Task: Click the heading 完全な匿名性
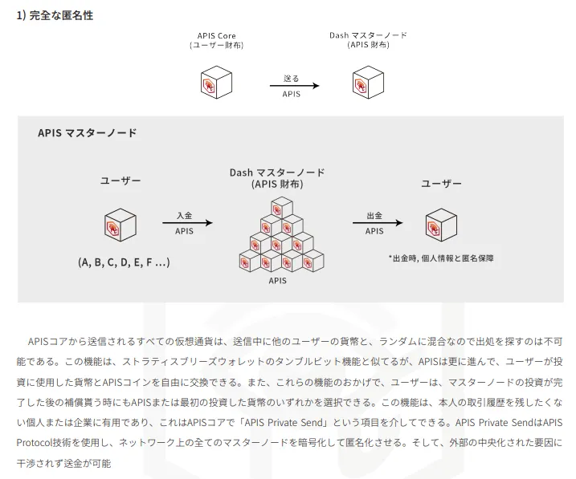pyautogui.click(x=61, y=15)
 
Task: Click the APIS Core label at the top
pyautogui.click(x=216, y=36)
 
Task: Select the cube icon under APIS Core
pyautogui.click(x=216, y=82)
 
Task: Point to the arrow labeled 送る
pyautogui.click(x=295, y=86)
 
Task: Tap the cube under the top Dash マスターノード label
pyautogui.click(x=368, y=82)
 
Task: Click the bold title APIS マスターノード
pyautogui.click(x=87, y=132)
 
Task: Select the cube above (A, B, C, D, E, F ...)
pyautogui.click(x=121, y=225)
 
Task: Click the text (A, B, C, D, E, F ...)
pyautogui.click(x=124, y=262)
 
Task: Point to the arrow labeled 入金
pyautogui.click(x=187, y=222)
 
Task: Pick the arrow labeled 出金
pyautogui.click(x=378, y=222)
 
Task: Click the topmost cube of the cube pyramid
pyautogui.click(x=282, y=208)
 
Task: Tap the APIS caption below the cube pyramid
pyautogui.click(x=277, y=281)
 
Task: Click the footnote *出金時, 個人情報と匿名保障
pyautogui.click(x=441, y=258)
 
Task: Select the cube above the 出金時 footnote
pyautogui.click(x=441, y=225)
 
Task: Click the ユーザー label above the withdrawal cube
pyautogui.click(x=441, y=184)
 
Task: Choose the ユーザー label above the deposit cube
pyautogui.click(x=121, y=181)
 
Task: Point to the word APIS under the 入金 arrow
pyautogui.click(x=184, y=231)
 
